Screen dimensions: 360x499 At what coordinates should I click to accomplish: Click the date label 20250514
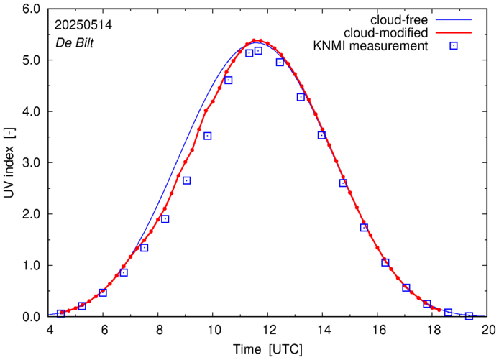tap(82, 24)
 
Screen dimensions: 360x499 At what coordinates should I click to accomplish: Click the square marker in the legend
tap(454, 46)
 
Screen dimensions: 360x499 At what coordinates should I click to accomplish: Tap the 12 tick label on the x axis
tap(269, 331)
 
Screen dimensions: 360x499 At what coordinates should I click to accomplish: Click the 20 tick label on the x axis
tap(488, 331)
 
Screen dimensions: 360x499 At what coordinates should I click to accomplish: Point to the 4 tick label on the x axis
tap(50, 331)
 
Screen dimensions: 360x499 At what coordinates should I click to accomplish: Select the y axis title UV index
tap(9, 162)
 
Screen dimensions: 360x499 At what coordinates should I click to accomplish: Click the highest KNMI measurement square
tap(258, 51)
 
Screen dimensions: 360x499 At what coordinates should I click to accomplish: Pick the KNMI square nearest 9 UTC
tap(186, 180)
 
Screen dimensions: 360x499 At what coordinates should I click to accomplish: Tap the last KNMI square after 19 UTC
tap(469, 315)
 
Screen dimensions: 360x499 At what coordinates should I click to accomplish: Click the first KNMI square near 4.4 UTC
tap(61, 313)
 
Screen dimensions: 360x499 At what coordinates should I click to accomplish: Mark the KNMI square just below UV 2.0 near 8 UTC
tap(165, 219)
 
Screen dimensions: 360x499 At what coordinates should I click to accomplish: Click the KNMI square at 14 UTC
tap(321, 135)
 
